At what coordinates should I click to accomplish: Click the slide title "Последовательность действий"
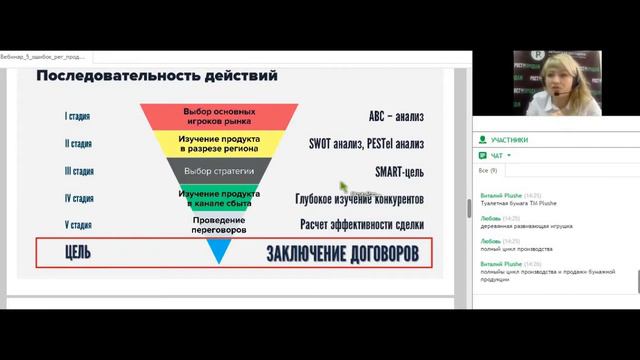(157, 77)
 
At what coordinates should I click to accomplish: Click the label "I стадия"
(79, 116)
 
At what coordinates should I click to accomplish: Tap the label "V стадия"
(79, 225)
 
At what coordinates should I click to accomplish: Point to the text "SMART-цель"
(399, 171)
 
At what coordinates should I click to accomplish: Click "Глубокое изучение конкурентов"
(360, 198)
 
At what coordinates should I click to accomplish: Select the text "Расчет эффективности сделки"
(362, 225)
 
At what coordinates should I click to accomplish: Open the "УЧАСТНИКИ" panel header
(510, 140)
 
